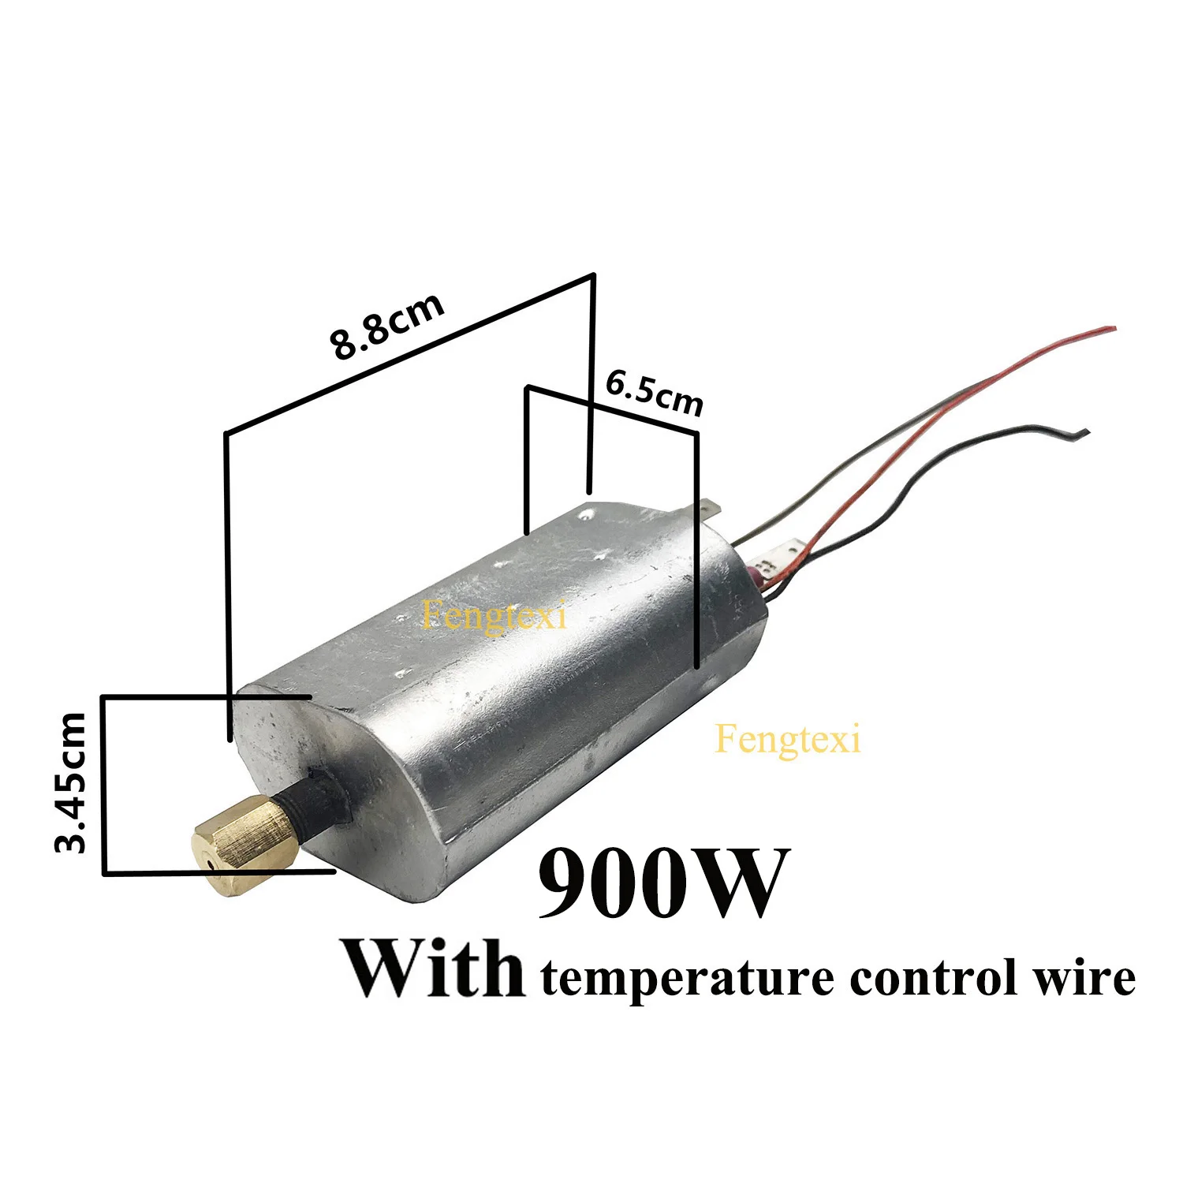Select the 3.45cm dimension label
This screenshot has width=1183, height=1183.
coord(71,782)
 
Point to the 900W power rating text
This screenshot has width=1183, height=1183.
coord(662,883)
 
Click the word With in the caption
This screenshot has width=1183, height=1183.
coord(434,968)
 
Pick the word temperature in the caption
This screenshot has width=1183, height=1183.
coord(687,979)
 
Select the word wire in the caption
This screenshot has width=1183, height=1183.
coord(1092,977)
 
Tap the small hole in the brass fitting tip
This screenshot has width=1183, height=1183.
coord(210,865)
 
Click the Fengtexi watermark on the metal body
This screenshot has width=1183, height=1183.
coord(494,615)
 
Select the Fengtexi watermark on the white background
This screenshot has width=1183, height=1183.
coord(787,741)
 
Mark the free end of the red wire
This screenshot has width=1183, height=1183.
coord(1112,327)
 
